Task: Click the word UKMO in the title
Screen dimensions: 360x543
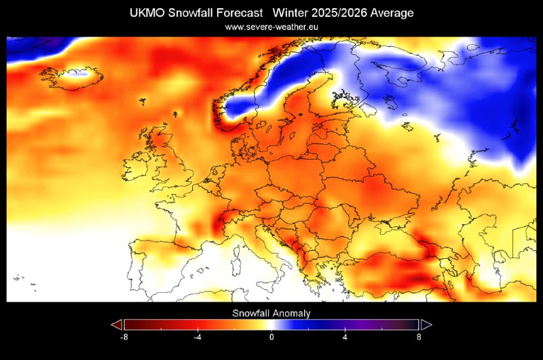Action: (x=139, y=13)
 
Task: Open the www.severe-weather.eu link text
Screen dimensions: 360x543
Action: (x=271, y=27)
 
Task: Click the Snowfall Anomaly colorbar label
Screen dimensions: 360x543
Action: (x=271, y=313)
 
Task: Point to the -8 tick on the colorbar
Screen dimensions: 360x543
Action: (x=124, y=336)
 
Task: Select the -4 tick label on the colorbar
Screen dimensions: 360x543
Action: (x=198, y=336)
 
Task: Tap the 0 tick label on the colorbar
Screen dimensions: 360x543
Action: (x=271, y=336)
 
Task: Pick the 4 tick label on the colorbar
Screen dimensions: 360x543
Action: (x=345, y=336)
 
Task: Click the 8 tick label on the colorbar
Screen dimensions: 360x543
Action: (x=418, y=336)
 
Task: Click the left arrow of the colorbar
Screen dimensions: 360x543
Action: (x=117, y=324)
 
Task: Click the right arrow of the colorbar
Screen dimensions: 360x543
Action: (x=426, y=324)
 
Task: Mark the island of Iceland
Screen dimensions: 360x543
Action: (x=68, y=77)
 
